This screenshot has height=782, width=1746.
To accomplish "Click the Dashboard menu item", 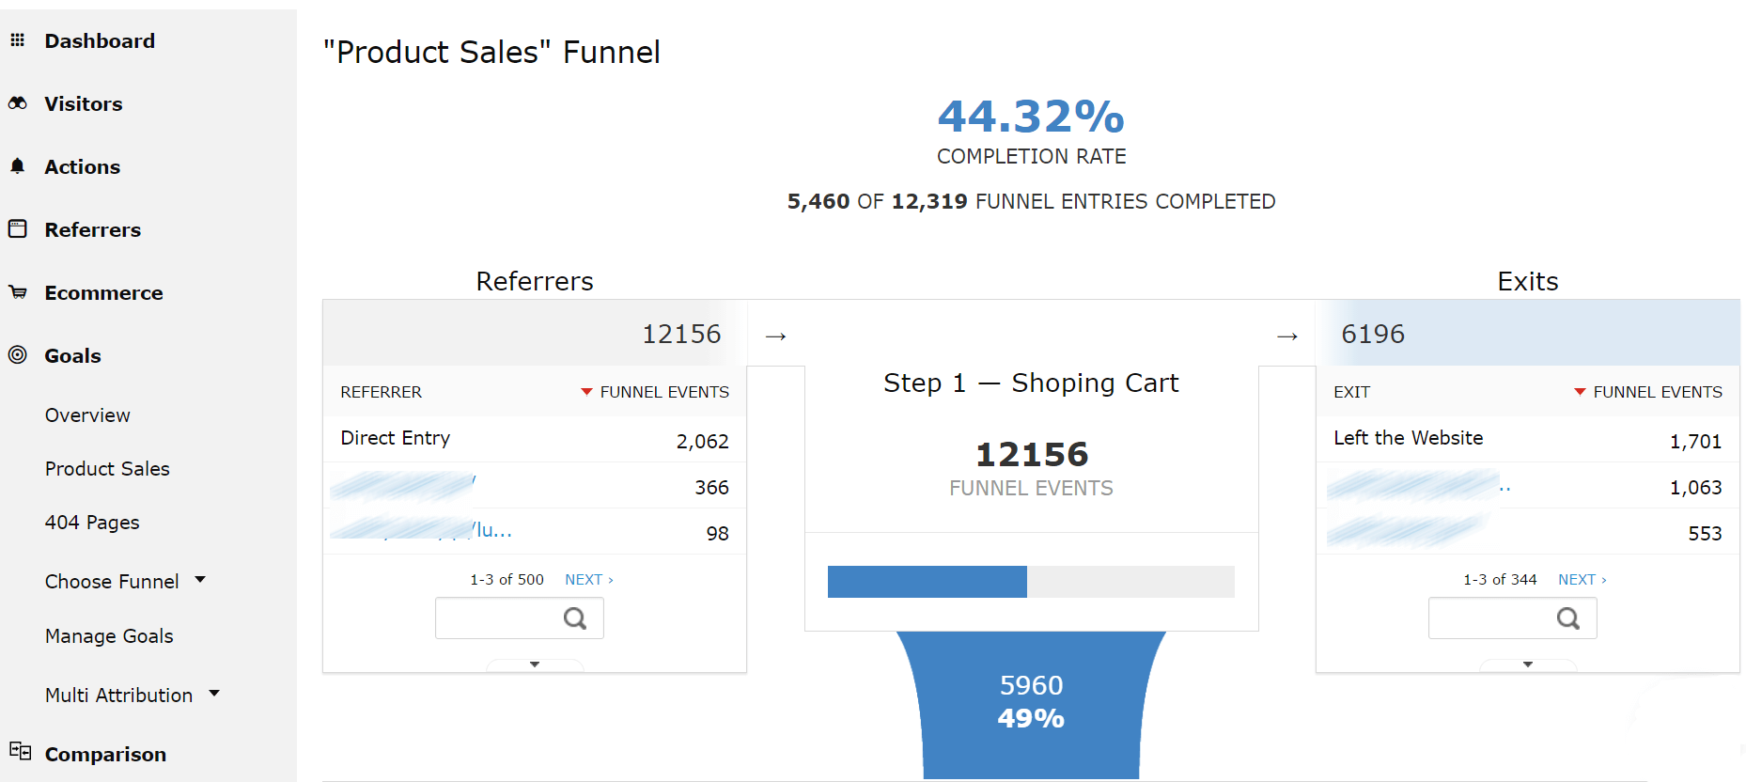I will tap(99, 41).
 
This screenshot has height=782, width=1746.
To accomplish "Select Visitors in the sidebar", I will tap(83, 104).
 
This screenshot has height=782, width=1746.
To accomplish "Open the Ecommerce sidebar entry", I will tap(103, 293).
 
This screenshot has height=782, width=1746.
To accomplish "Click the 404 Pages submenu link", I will tap(92, 523).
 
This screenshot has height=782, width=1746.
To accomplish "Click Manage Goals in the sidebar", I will tap(109, 636).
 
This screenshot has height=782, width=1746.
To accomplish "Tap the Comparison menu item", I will tap(105, 755).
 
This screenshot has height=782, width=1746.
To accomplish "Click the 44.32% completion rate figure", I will tap(1031, 117).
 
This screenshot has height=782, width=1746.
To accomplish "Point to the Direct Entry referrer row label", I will tap(396, 438).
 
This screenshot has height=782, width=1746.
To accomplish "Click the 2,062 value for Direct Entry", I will tap(702, 442).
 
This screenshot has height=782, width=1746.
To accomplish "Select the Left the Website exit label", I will tap(1408, 438).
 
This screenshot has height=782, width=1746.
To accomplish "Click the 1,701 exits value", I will tap(1695, 442).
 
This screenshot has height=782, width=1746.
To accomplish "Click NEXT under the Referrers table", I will tap(587, 580).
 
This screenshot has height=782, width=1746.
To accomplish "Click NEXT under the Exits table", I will tap(1581, 580).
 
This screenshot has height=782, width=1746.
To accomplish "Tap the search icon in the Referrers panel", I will tap(575, 618).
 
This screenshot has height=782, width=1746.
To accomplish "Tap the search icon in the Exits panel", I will tap(1568, 618).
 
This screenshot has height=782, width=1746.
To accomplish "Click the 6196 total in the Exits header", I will tap(1373, 335).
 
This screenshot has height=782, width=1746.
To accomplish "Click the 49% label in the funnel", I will tap(1031, 719).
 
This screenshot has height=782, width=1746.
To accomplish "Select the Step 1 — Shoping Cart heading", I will tap(1031, 383).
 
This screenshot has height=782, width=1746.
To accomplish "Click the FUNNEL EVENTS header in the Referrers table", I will tap(663, 392).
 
